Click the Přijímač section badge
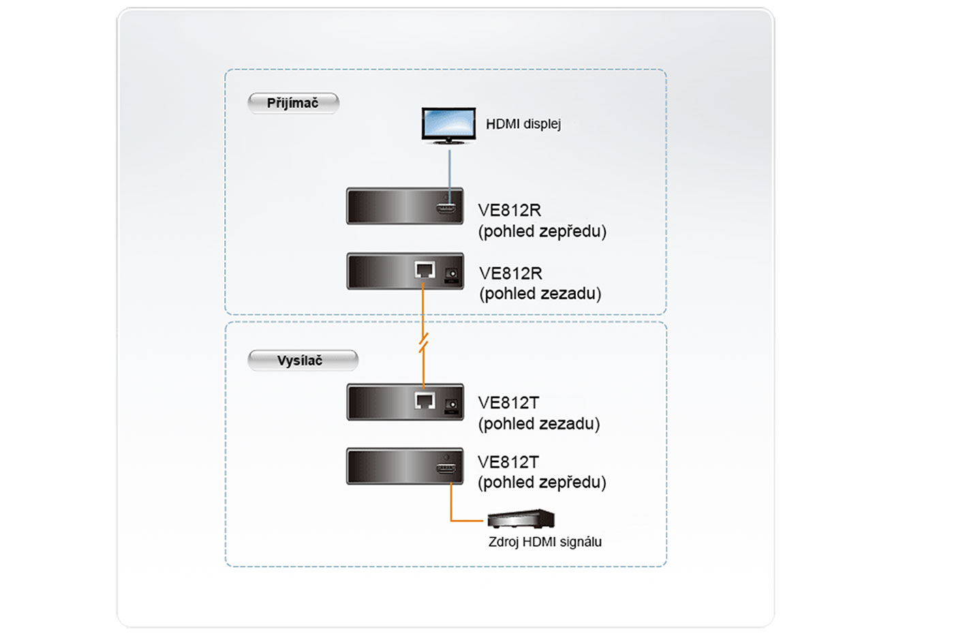pos(293,103)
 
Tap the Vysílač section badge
pos(303,360)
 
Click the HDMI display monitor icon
pos(448,125)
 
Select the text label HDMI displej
pos(523,124)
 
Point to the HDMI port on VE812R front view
pos(446,208)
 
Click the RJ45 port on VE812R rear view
pos(425,271)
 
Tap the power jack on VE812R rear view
pos(451,274)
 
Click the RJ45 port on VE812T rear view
pos(425,401)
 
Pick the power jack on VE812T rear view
pos(451,405)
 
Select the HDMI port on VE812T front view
pos(446,469)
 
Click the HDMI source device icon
pos(521,519)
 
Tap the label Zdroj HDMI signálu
pos(545,542)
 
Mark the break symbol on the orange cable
pos(423,343)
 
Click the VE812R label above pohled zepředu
pos(510,210)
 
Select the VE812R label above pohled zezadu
pos(510,273)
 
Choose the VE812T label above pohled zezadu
pos(508,403)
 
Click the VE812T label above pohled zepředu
pos(508,462)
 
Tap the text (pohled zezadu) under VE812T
pos(539,424)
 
